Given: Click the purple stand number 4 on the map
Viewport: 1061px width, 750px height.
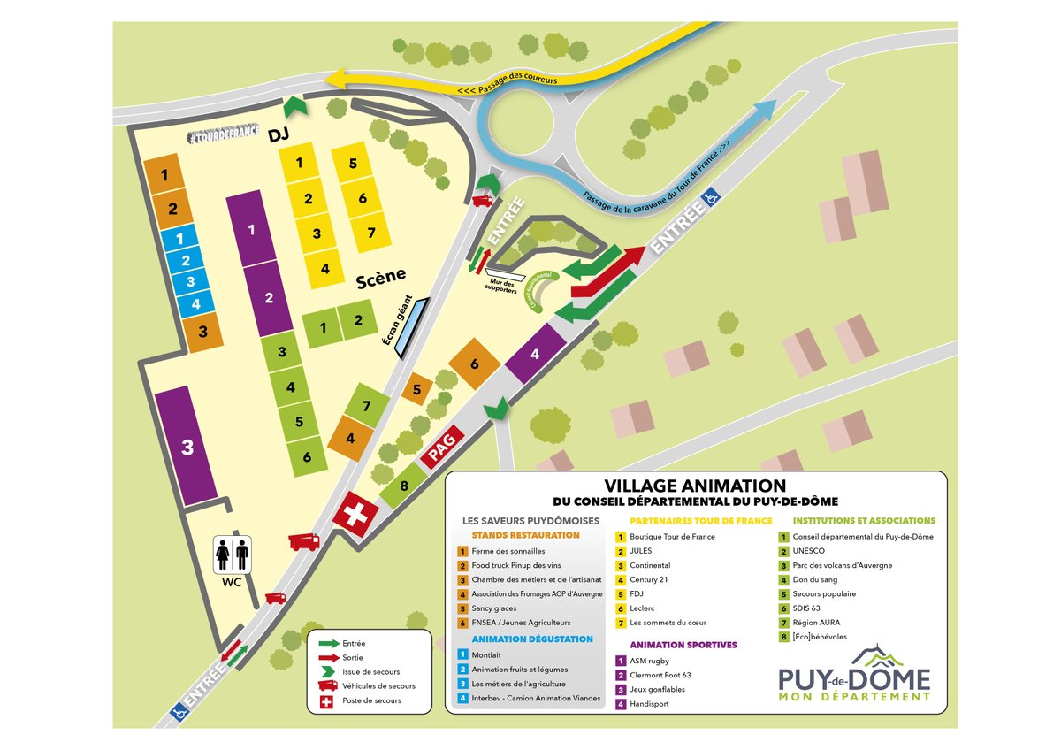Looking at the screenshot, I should click(536, 354).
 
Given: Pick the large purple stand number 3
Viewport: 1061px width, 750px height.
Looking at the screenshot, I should click(187, 447).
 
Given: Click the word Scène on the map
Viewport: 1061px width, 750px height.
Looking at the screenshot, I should click(381, 282).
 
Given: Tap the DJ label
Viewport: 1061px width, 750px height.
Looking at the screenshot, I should click(280, 133).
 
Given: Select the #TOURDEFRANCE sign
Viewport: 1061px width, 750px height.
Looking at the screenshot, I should click(225, 135).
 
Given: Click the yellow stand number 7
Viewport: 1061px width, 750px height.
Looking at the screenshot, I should click(371, 233).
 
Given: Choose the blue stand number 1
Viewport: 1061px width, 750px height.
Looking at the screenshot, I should click(179, 239).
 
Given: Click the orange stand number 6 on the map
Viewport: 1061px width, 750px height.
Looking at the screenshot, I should click(474, 364).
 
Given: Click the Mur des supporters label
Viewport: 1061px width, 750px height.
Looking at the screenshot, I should click(502, 287).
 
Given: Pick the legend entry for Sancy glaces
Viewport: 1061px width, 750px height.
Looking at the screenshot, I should click(494, 608).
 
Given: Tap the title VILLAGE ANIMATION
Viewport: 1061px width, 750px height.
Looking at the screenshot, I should click(695, 486).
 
